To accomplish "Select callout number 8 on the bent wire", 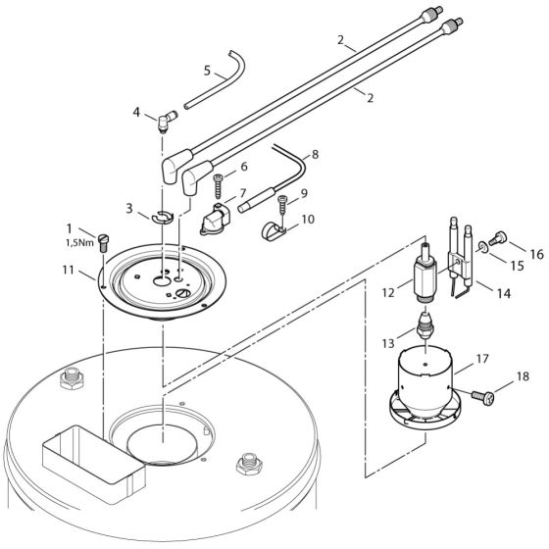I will click(x=314, y=155).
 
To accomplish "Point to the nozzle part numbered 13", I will click(x=426, y=322).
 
